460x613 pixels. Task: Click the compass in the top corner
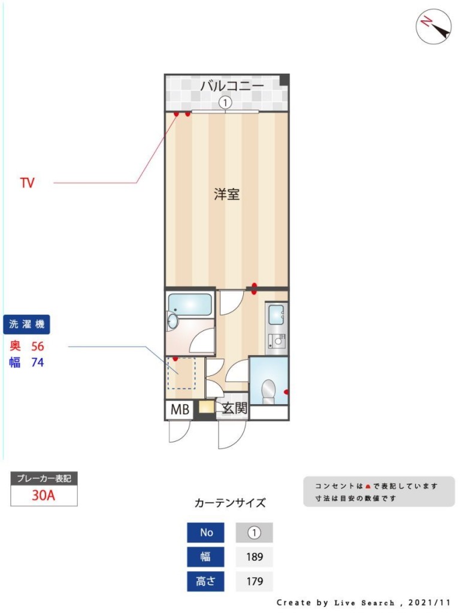[434, 26]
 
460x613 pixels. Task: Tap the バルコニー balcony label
[232, 85]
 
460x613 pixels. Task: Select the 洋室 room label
[226, 194]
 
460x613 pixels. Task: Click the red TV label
[28, 183]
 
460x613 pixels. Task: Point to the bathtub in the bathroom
[190, 305]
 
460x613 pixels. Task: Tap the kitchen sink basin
[277, 314]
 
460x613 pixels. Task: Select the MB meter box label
[180, 409]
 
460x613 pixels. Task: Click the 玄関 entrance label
[234, 408]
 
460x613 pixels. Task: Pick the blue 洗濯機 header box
[26, 324]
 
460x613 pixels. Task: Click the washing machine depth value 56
[38, 346]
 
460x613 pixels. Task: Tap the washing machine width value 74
[38, 362]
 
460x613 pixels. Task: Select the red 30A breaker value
[43, 495]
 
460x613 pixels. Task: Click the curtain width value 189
[254, 557]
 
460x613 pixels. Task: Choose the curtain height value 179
[254, 581]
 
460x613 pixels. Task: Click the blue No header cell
[206, 532]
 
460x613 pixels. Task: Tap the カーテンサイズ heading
[230, 503]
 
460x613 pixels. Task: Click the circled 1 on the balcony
[225, 103]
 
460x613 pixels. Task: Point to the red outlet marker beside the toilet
[286, 392]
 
